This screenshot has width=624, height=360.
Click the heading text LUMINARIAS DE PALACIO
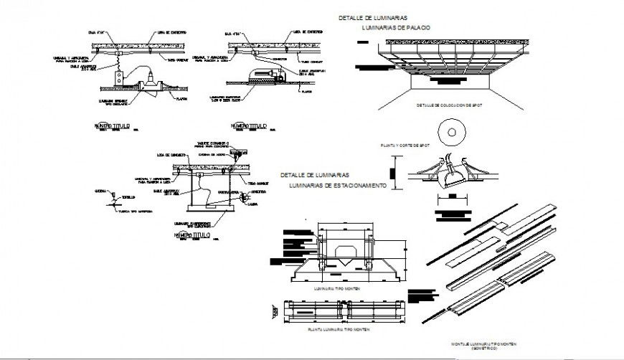point(396,27)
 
